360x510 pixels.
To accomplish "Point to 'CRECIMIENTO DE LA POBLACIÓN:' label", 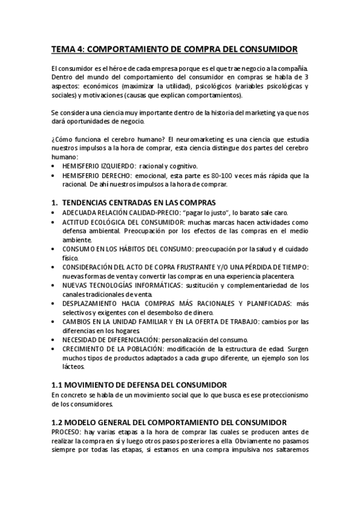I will pos(113,349).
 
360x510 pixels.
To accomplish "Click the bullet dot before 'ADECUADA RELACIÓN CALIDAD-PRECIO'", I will pos(55,213).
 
